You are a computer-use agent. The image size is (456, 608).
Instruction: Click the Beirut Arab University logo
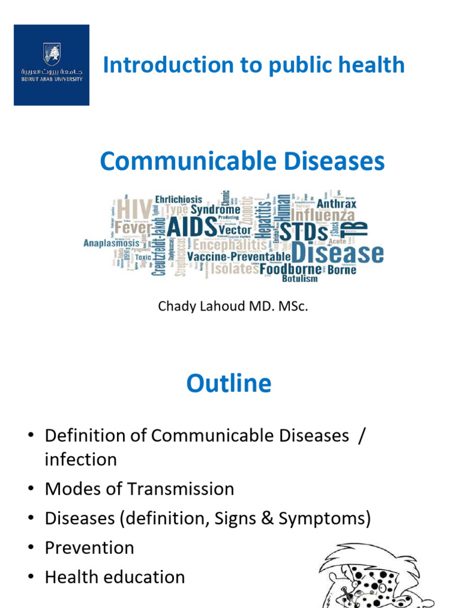52,65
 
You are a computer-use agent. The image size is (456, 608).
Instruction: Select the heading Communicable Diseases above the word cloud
242,161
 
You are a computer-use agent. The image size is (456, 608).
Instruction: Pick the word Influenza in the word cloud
322,216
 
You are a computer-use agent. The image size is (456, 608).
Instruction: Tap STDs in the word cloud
303,232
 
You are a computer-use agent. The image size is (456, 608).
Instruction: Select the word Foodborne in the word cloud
290,270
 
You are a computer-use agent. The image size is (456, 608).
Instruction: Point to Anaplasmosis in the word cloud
111,243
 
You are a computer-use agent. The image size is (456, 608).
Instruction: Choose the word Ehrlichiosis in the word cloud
178,199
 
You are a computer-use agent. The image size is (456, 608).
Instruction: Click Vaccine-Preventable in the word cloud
239,256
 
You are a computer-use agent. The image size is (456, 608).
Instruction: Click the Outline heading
229,384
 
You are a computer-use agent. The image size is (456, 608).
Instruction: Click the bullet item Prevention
89,547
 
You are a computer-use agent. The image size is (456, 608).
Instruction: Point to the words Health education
115,577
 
